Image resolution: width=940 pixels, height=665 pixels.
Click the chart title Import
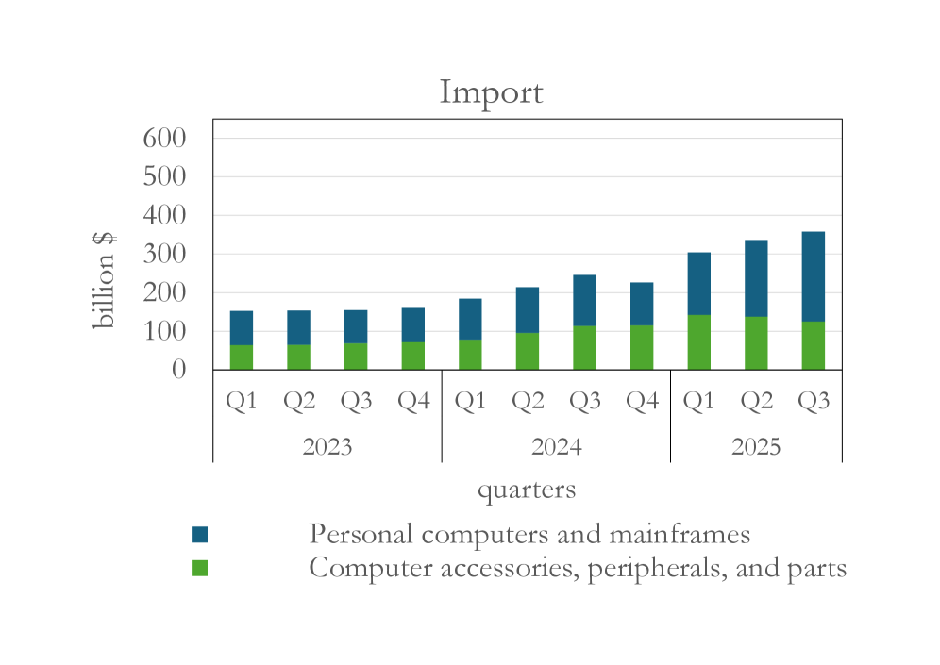(491, 92)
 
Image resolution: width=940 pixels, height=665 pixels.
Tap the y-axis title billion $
(103, 280)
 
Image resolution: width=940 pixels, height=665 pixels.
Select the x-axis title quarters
(526, 490)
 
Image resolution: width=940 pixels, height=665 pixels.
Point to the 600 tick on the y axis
(164, 139)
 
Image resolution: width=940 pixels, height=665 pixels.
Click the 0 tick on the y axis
(178, 370)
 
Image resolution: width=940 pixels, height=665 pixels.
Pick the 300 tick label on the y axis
(164, 255)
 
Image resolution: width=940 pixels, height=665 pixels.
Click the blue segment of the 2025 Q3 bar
(813, 276)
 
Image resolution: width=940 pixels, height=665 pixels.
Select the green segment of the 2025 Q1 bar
(698, 342)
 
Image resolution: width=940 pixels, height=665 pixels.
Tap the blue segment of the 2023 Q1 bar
(241, 327)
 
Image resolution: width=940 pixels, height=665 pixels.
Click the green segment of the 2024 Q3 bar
(584, 348)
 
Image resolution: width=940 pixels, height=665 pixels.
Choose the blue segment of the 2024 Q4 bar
(642, 304)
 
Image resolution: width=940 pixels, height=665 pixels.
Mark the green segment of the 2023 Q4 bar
(412, 356)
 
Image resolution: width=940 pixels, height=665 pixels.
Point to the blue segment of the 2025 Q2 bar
(756, 278)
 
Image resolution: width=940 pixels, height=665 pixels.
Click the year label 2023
(327, 446)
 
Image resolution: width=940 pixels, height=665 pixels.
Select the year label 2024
(556, 446)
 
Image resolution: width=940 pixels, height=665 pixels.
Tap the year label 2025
(756, 446)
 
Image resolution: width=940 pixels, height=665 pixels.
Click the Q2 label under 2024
(528, 401)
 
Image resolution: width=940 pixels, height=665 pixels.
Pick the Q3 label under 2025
(814, 401)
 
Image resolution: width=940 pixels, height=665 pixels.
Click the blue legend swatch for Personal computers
(199, 535)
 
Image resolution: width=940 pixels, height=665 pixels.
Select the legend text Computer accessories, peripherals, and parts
(577, 569)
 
